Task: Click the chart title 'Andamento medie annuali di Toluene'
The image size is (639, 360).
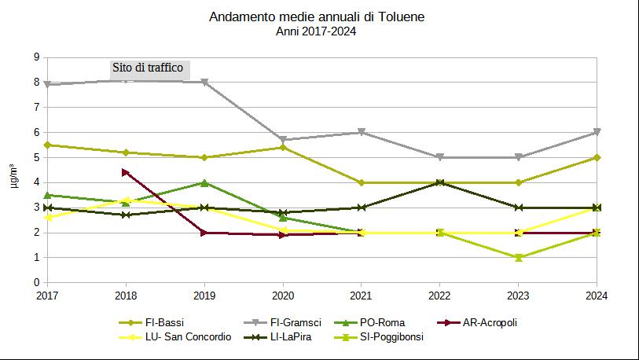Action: [317, 17]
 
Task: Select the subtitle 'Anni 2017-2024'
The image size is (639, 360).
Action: [316, 31]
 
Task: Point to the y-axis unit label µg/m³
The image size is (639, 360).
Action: [14, 175]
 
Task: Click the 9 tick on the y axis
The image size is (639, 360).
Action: [37, 57]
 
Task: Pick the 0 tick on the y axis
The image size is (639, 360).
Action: [37, 282]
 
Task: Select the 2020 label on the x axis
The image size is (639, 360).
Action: [283, 296]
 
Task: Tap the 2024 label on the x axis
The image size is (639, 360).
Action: [597, 296]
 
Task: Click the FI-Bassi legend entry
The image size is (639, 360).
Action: [151, 322]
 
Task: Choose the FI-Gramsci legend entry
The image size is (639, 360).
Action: [282, 322]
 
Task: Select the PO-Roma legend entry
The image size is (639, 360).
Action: [369, 322]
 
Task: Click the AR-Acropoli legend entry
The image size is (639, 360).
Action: [477, 322]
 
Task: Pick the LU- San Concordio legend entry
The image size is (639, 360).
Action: [175, 336]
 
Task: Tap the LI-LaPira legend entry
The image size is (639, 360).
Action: [277, 336]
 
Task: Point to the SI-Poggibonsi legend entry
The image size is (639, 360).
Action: [379, 336]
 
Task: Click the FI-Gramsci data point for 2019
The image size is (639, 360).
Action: [204, 82]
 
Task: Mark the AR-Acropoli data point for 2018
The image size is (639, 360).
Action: [126, 172]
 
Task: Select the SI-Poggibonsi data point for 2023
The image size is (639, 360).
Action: [519, 258]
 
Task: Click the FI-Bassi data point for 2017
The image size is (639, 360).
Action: [47, 145]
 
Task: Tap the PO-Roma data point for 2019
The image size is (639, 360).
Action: [204, 182]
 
